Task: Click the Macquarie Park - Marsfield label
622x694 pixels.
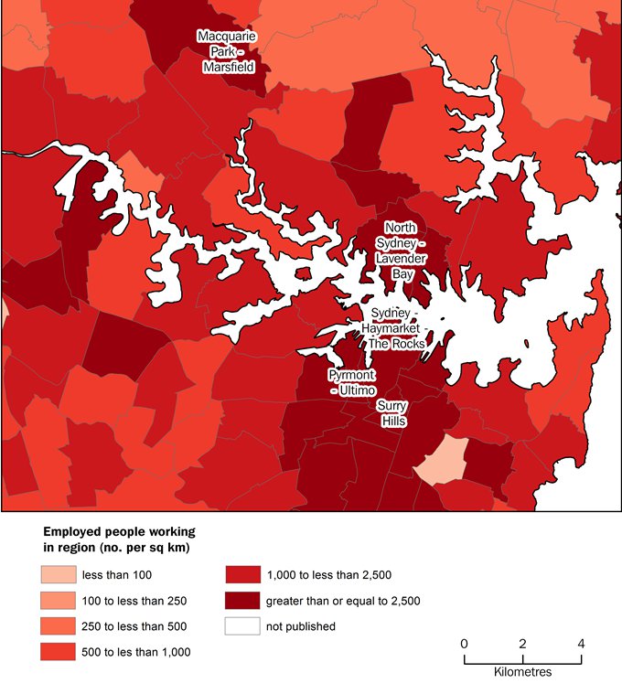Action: click(x=227, y=51)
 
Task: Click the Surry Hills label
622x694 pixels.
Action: click(x=391, y=412)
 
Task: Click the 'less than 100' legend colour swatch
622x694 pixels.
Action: click(x=57, y=575)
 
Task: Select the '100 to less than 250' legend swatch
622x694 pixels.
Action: click(x=57, y=601)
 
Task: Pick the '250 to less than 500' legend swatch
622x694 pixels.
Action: click(x=57, y=626)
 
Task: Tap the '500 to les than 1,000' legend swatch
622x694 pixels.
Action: click(x=57, y=652)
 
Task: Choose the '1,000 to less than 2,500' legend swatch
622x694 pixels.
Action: click(x=241, y=575)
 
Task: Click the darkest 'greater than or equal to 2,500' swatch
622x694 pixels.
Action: click(x=241, y=601)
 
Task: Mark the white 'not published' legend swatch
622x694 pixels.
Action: click(x=241, y=626)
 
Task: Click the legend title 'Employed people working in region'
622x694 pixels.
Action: click(x=119, y=539)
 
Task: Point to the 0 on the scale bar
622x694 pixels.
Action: click(x=465, y=643)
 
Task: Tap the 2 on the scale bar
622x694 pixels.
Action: click(x=522, y=643)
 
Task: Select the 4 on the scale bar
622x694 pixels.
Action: click(x=581, y=643)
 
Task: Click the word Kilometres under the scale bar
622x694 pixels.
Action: click(x=522, y=672)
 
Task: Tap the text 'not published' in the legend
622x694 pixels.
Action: click(x=300, y=626)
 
